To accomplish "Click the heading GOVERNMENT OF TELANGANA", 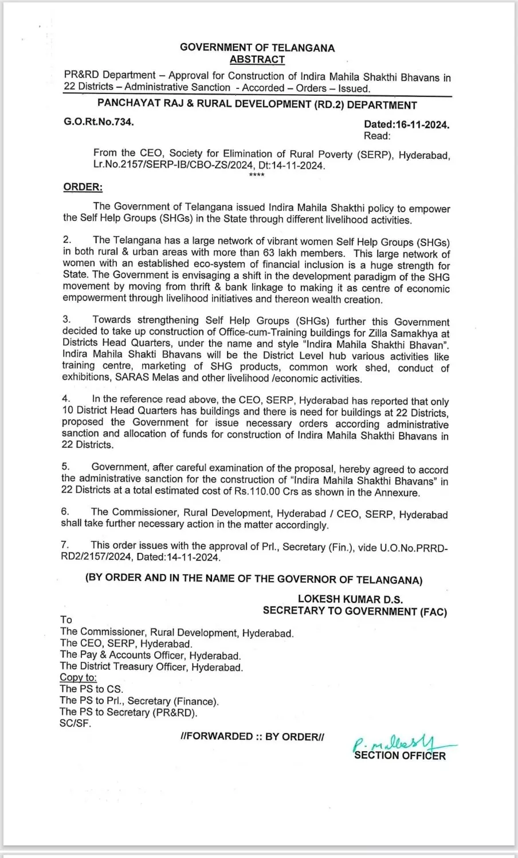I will (x=257, y=48).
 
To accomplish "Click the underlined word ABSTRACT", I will (x=257, y=60).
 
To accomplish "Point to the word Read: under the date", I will (x=377, y=136).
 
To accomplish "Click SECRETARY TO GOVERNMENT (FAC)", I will (x=355, y=611).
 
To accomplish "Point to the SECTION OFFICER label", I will (x=400, y=756).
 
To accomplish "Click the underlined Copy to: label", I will (x=79, y=678).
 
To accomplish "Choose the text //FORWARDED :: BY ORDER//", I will (x=252, y=736).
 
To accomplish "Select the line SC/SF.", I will (x=75, y=723).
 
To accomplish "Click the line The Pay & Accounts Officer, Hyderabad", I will (x=151, y=655).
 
